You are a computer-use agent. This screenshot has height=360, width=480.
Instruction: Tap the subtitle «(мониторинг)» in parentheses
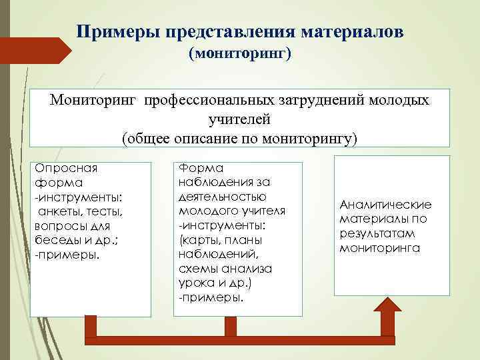pyautogui.click(x=240, y=53)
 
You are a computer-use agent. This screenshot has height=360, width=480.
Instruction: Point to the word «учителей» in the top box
pyautogui.click(x=239, y=120)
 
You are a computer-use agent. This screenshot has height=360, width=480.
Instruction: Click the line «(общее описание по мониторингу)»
pyautogui.click(x=239, y=139)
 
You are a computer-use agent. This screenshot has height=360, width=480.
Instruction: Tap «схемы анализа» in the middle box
pyautogui.click(x=220, y=268)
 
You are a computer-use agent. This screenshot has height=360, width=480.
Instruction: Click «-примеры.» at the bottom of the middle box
pyautogui.click(x=209, y=296)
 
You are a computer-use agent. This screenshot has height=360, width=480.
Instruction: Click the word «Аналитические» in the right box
pyautogui.click(x=385, y=205)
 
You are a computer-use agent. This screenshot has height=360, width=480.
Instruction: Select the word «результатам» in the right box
pyautogui.click(x=377, y=233)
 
